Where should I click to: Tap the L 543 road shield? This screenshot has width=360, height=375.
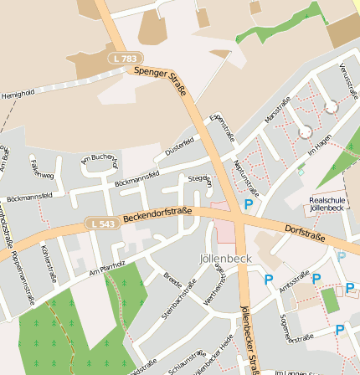(x=101, y=223)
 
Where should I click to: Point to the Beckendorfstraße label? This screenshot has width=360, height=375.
(x=158, y=214)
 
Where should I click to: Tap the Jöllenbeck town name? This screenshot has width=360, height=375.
(x=226, y=259)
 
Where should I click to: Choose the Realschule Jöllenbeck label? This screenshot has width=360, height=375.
(x=326, y=203)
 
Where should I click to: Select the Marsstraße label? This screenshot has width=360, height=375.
(x=277, y=110)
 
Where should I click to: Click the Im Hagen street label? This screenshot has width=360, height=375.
(x=321, y=147)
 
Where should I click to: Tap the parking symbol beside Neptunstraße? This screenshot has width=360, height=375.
(x=248, y=203)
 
